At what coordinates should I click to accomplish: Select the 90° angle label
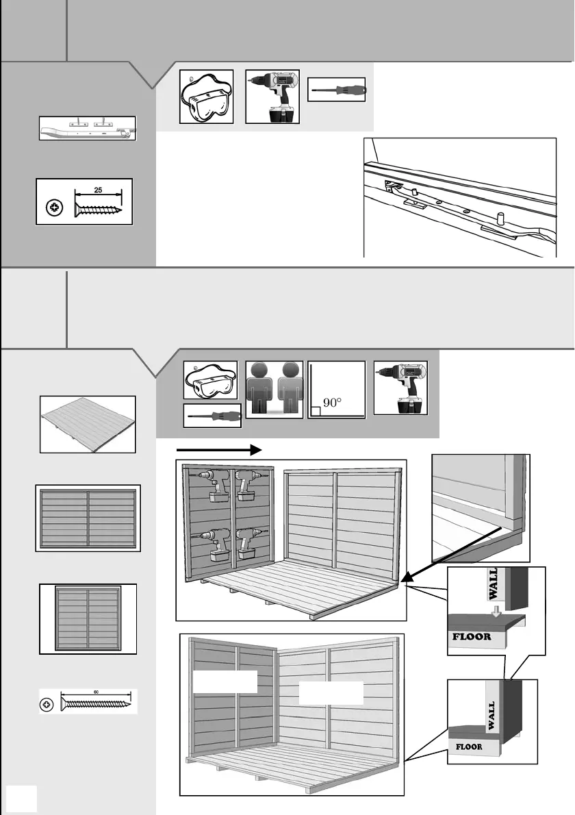coord(331,403)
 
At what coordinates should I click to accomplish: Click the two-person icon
coord(274,388)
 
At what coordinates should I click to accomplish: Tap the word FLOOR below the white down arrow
coord(472,636)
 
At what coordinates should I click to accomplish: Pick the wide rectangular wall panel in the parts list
coord(88,518)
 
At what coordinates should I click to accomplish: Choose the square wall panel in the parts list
coord(88,618)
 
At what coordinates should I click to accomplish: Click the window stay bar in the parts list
coord(88,129)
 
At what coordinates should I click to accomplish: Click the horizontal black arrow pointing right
coord(219,450)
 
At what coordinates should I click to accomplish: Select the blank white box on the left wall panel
coord(225,682)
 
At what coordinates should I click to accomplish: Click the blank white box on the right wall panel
coord(331,693)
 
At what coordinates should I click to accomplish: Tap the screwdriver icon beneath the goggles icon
coord(212,416)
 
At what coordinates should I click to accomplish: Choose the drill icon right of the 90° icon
coord(400,388)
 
